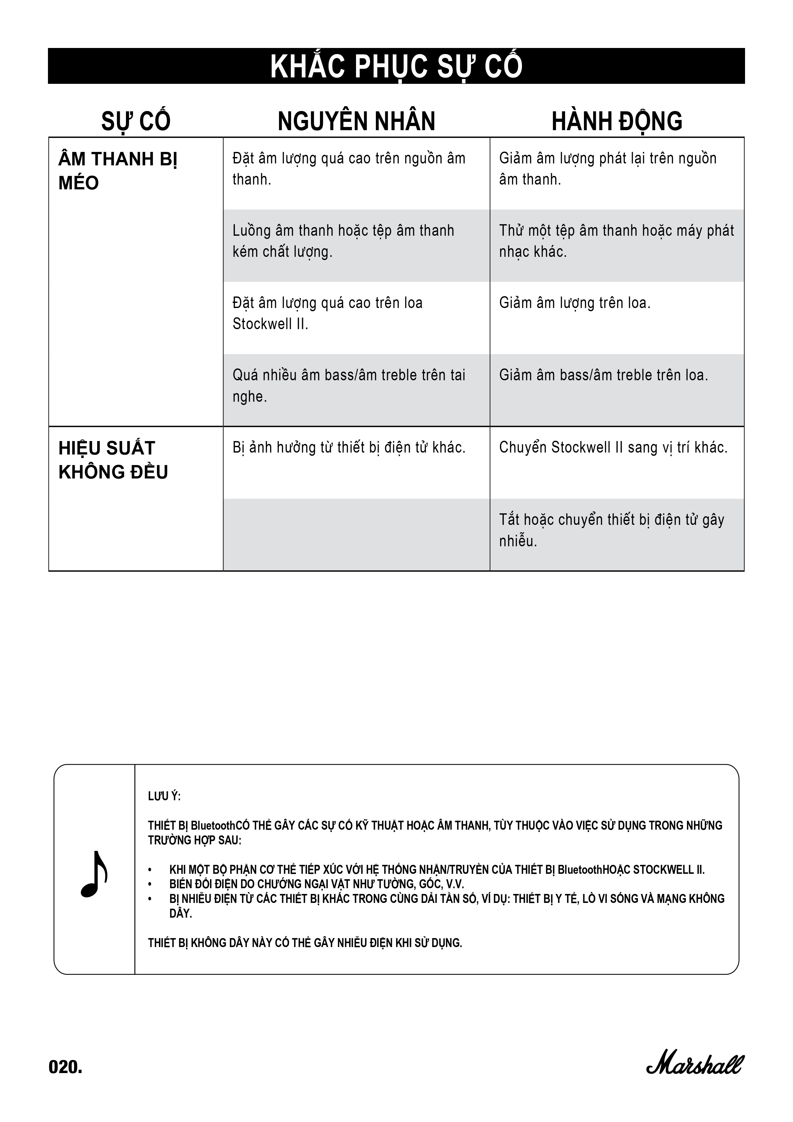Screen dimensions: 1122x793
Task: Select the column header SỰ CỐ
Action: (136, 121)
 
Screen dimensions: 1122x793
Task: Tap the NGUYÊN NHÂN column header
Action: (356, 121)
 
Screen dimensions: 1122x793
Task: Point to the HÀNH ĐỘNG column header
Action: (617, 121)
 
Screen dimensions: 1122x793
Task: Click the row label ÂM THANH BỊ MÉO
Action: (117, 171)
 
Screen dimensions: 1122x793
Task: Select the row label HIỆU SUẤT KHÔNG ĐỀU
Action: (113, 460)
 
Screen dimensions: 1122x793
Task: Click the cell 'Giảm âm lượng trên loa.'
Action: (575, 303)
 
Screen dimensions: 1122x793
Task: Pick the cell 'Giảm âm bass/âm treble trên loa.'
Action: (603, 375)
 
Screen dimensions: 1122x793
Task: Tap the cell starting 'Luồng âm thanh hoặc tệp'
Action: (343, 241)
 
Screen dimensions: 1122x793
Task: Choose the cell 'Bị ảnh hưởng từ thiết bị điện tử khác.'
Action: (349, 448)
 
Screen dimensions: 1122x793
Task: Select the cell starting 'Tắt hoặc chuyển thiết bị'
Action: (611, 530)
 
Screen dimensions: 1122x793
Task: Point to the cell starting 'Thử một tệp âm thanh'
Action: (616, 241)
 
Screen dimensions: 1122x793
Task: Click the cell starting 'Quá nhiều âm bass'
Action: (349, 385)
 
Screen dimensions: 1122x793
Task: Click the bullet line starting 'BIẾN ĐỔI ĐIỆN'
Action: (316, 884)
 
